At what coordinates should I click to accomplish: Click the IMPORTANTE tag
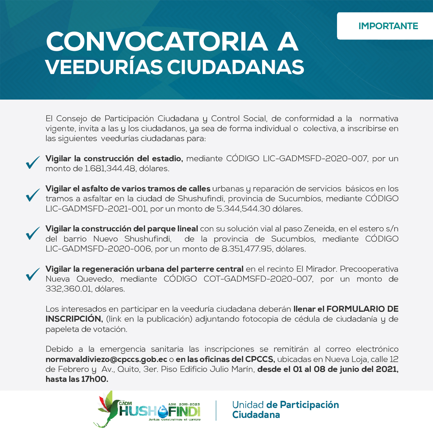point(388,26)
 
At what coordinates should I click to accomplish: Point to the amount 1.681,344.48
point(110,169)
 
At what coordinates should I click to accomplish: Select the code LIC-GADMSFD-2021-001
point(96,209)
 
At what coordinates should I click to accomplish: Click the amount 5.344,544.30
point(243,209)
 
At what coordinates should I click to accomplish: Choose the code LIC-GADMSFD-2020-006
point(98,249)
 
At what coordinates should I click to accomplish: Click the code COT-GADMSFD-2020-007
point(258,279)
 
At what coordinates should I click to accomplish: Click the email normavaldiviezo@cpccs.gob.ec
point(106,359)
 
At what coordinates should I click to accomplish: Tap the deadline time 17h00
point(94,379)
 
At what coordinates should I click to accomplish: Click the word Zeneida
point(319,229)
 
